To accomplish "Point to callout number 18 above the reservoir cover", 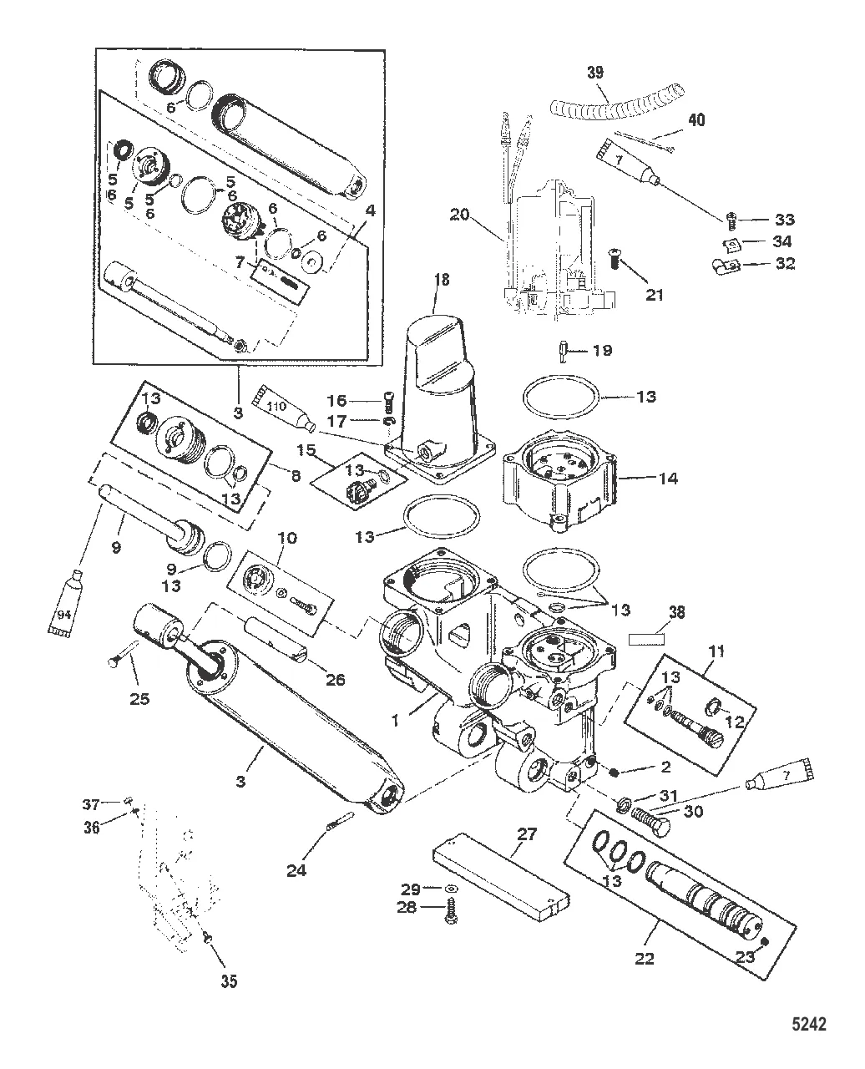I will click(x=441, y=280).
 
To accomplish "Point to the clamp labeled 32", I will click(x=724, y=267).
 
